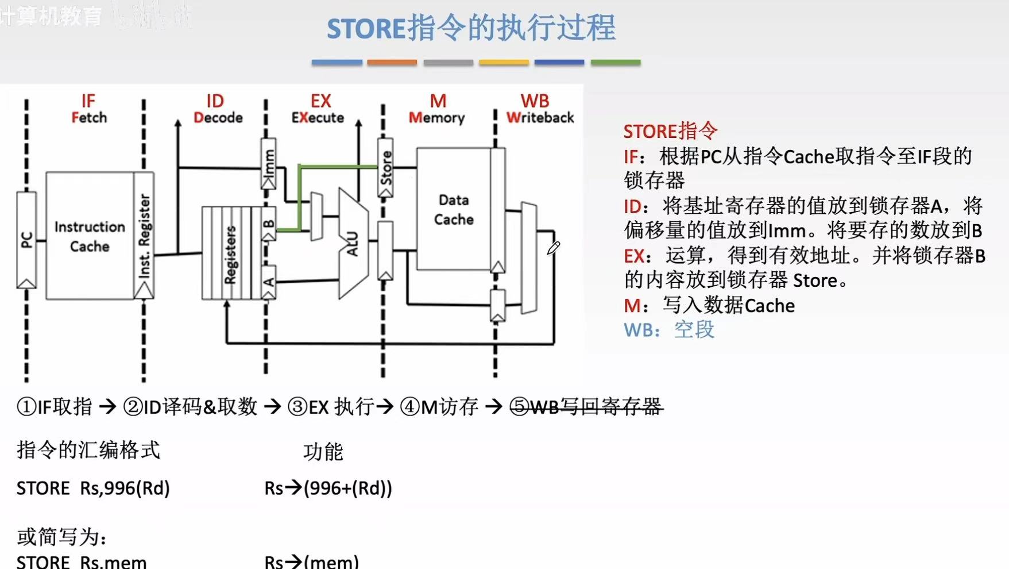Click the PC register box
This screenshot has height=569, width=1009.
pos(26,240)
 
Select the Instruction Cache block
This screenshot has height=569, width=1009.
pos(90,236)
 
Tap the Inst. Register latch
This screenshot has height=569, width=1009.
pos(144,236)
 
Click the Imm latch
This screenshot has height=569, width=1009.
pos(268,163)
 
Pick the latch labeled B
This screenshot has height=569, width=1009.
pos(268,224)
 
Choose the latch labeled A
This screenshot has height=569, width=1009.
pos(268,282)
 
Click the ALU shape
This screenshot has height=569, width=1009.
pos(353,244)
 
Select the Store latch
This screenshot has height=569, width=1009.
pos(385,167)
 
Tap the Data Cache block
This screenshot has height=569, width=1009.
pos(454,209)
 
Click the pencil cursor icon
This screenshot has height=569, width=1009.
pos(553,248)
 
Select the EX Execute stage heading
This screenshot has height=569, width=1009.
pos(319,109)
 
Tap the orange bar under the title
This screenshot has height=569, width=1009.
pos(392,62)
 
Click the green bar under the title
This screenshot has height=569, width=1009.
pos(615,62)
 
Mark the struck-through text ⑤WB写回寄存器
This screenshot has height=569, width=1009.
pos(586,407)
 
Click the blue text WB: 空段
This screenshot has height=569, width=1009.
pos(669,330)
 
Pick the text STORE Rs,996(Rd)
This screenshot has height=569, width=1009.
pos(93,488)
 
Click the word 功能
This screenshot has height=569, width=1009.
pos(323,452)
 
